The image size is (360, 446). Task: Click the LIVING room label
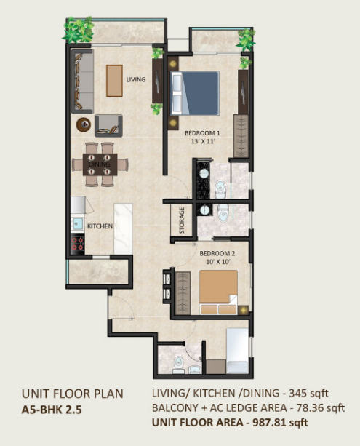click(136, 79)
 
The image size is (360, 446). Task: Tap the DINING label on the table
click(100, 164)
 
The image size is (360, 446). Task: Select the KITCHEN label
click(100, 226)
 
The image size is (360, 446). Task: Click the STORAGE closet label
click(182, 220)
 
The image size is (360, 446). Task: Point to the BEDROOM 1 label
click(202, 133)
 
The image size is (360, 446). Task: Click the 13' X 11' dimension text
click(202, 141)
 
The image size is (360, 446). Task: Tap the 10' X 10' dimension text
click(217, 262)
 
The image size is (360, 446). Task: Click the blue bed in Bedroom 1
click(195, 93)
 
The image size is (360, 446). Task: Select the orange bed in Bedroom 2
click(218, 292)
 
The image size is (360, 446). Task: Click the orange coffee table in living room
click(115, 81)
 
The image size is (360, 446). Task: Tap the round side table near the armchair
click(84, 124)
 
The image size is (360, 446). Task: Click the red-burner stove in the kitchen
click(78, 244)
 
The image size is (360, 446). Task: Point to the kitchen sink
click(77, 224)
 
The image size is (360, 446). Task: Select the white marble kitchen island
click(123, 228)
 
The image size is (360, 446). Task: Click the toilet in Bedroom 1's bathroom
click(220, 188)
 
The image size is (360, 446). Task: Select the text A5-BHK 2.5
click(52, 410)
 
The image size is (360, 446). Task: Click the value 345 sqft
click(309, 394)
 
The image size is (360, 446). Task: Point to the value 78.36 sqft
click(321, 408)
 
